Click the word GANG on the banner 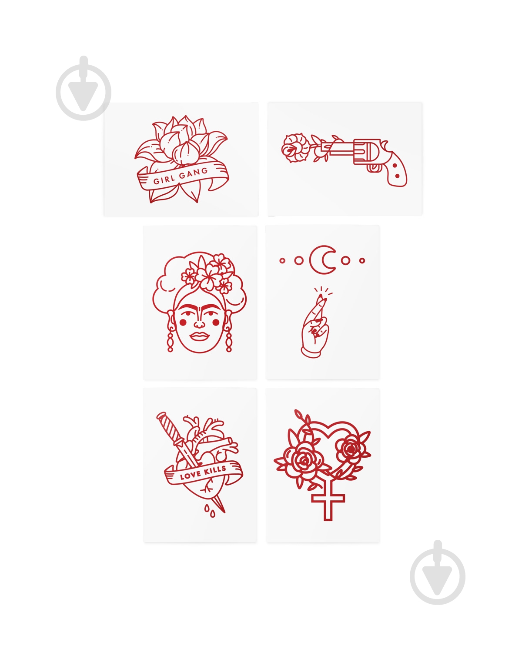[x=193, y=173]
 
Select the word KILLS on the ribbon [x=215, y=470]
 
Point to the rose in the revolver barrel [x=294, y=148]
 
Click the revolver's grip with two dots [x=396, y=170]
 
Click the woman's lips [x=199, y=336]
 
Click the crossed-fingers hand [x=315, y=327]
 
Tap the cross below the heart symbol [x=328, y=502]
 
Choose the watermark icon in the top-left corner [x=84, y=88]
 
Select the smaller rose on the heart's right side [x=351, y=449]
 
